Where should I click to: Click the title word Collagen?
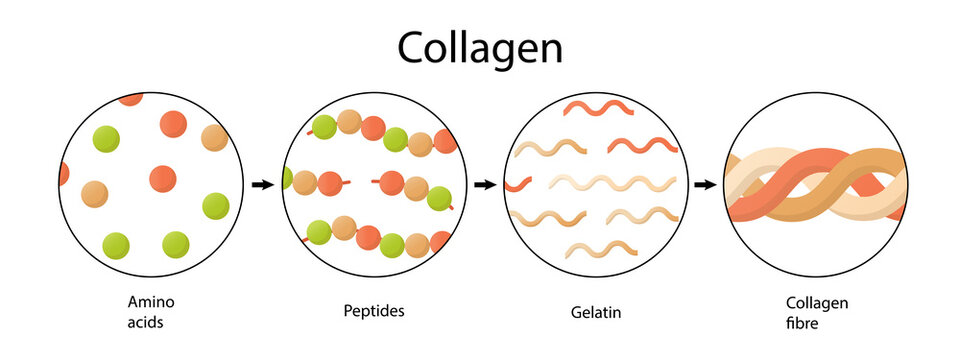coord(480,47)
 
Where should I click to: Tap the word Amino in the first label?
coord(145,301)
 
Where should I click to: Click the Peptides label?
coord(374,311)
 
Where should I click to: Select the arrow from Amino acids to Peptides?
coord(263,184)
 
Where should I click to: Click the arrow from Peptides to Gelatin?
coord(484,184)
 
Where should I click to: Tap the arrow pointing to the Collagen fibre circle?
coord(705,184)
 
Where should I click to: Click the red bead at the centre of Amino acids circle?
coord(162,179)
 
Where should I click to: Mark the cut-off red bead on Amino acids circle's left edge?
coord(63,174)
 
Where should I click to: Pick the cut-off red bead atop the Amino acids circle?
coord(131,98)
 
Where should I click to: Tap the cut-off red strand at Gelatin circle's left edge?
coord(517,184)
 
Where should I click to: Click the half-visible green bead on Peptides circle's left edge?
coord(288,179)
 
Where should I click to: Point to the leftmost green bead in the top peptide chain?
coord(324,127)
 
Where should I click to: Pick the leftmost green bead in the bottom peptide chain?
coord(319,232)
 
